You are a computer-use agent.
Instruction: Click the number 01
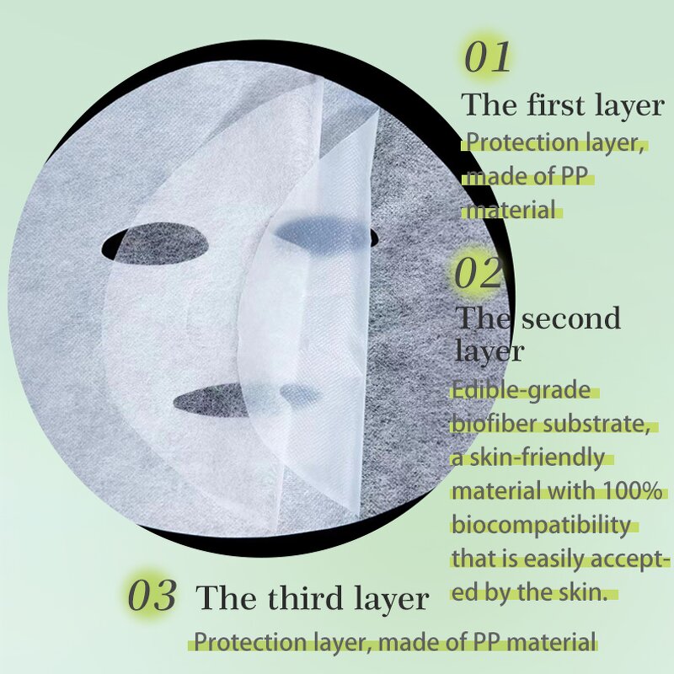488,56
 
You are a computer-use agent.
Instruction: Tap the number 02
478,273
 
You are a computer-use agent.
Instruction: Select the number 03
152,596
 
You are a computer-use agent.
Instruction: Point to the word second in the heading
570,318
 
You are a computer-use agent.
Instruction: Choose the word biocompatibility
541,525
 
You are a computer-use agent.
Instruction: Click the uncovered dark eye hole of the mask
154,246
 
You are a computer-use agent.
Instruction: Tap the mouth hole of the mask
244,397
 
